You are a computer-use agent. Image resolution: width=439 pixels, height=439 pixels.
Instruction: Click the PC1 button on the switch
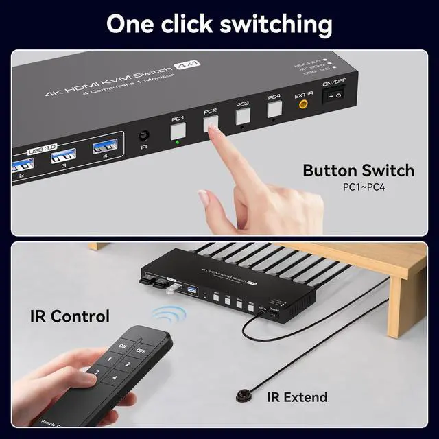[178, 128]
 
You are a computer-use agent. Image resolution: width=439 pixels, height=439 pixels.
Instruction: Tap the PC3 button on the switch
[243, 116]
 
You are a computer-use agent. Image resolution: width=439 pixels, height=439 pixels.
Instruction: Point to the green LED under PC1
[178, 143]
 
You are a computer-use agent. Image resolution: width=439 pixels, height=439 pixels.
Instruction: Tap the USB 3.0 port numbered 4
[105, 146]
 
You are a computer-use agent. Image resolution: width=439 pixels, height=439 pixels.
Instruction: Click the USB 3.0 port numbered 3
[63, 156]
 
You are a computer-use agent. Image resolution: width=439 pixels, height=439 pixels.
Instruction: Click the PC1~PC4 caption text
[364, 187]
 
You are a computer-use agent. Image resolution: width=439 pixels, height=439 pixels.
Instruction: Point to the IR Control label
[69, 316]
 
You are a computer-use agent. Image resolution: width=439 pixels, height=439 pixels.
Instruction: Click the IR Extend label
[298, 396]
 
